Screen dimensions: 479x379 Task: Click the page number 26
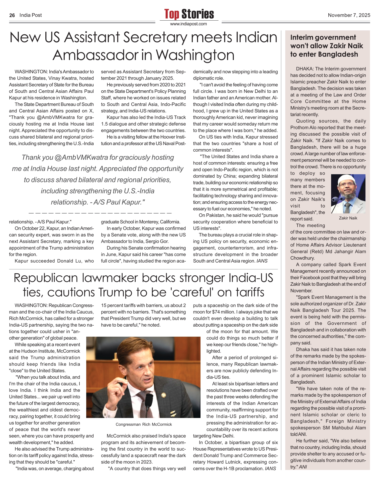point(12,15)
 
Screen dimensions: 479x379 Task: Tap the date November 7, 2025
point(349,15)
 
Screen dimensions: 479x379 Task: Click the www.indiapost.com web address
point(188,24)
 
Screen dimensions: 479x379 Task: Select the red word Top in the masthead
point(172,14)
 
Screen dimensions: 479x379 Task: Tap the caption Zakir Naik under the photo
point(348,218)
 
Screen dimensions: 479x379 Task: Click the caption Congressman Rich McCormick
point(144,424)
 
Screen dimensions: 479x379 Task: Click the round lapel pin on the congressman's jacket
point(163,395)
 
